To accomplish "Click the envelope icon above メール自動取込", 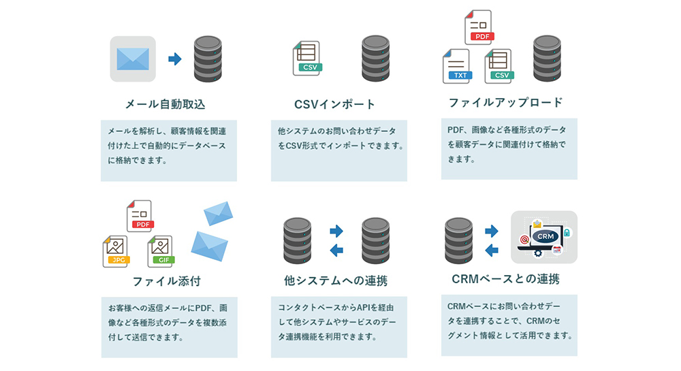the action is click(133, 59).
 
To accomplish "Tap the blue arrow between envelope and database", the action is click(174, 59).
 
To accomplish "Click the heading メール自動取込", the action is click(165, 104).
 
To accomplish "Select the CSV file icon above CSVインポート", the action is click(308, 59).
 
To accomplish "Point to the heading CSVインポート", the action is click(334, 104).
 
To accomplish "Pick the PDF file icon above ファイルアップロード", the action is click(479, 27).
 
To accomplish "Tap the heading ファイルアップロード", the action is click(505, 102).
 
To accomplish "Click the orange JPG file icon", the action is click(116, 252).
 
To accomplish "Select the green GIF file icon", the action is click(161, 252).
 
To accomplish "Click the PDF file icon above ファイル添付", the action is click(140, 216).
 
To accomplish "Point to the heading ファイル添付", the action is click(167, 281).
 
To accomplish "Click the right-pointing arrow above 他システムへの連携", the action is click(336, 231).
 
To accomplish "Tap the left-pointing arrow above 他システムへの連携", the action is click(336, 250).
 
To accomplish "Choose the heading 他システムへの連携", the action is click(336, 280).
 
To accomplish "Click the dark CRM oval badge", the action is click(545, 236).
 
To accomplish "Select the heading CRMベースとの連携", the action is click(505, 279).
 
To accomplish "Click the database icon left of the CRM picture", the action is click(458, 241).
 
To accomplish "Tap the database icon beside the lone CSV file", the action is click(376, 59).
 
